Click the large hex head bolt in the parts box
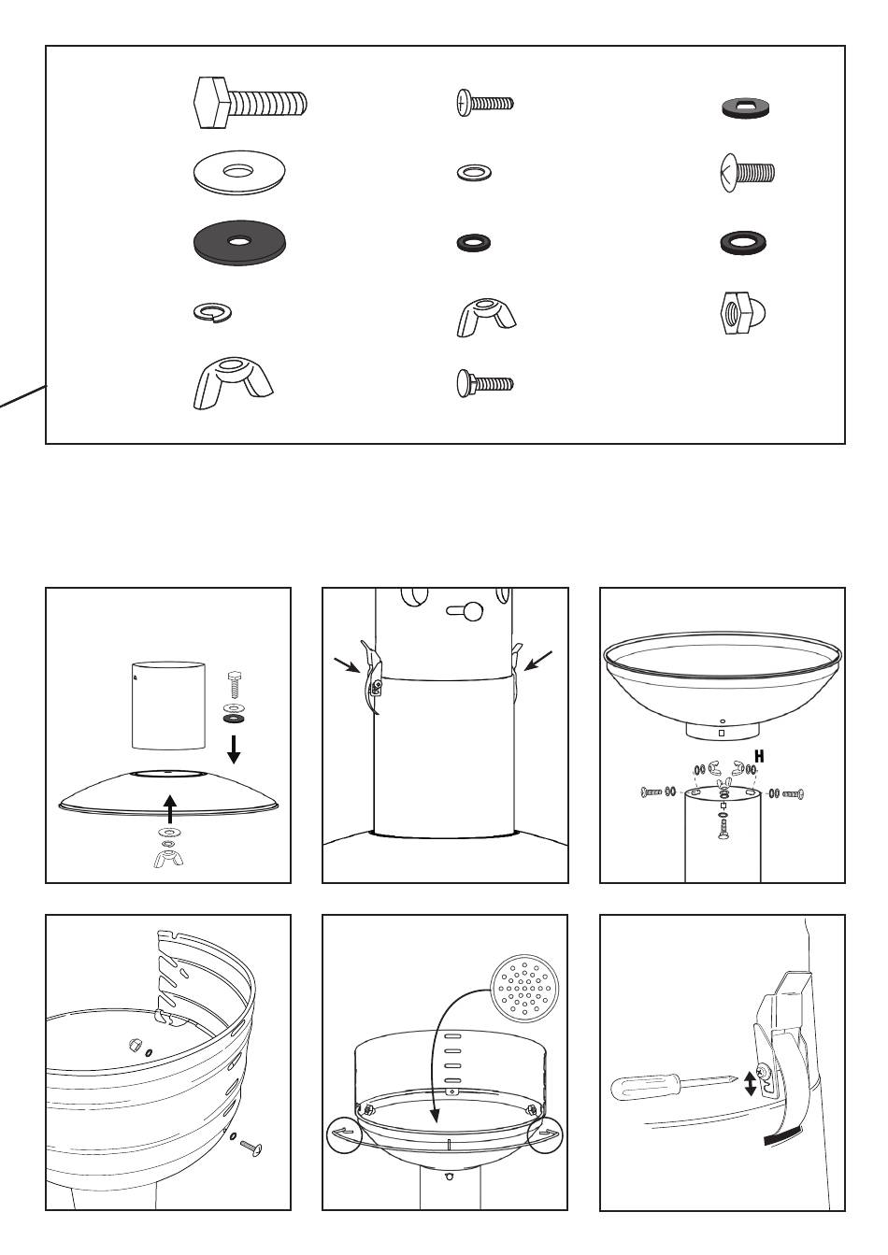pyautogui.click(x=250, y=104)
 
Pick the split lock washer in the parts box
pyautogui.click(x=212, y=311)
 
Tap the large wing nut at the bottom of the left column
pyautogui.click(x=232, y=383)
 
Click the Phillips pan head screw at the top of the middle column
pyautogui.click(x=484, y=103)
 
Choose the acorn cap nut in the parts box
pyautogui.click(x=745, y=313)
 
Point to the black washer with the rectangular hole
pyautogui.click(x=745, y=107)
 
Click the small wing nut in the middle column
pyautogui.click(x=486, y=318)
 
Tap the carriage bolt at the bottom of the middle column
pyautogui.click(x=485, y=384)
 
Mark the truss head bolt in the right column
pyautogui.click(x=747, y=173)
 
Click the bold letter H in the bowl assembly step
pyautogui.click(x=759, y=756)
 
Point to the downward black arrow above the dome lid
pyautogui.click(x=234, y=750)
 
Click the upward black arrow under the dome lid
pyautogui.click(x=170, y=809)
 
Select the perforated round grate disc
pyautogui.click(x=524, y=989)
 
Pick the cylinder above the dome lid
pyautogui.click(x=168, y=706)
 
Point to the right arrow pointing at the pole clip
pyautogui.click(x=538, y=661)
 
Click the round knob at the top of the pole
pyautogui.click(x=473, y=611)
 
